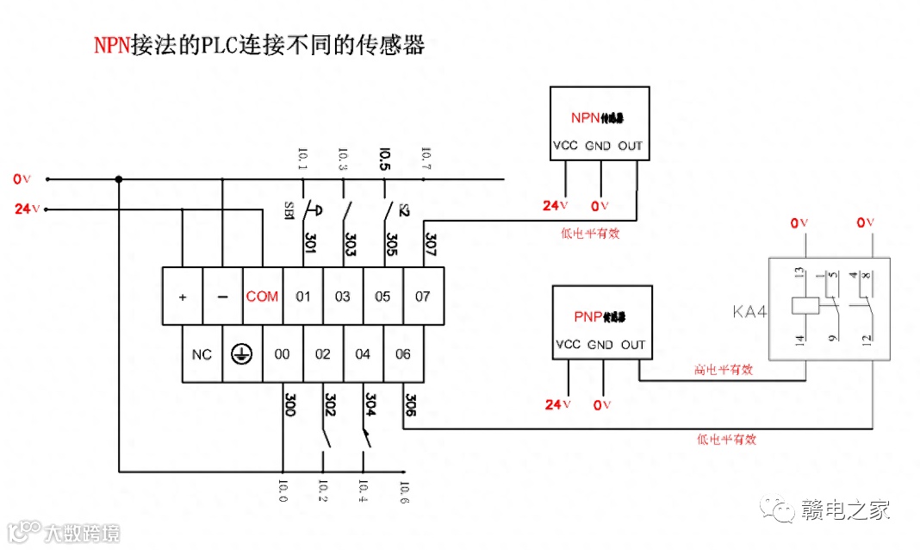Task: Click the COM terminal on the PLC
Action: pos(263,297)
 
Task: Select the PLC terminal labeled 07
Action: pos(422,297)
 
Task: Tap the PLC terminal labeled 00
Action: pos(283,354)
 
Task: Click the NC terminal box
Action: pos(202,354)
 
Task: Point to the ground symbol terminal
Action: pos(242,354)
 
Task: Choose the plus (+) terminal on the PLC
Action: pos(183,297)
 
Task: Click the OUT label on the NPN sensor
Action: pos(631,146)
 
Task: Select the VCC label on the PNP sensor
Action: pos(569,345)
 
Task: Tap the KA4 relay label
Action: pos(749,311)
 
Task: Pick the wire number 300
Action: pos(289,405)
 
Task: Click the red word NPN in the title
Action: pos(111,46)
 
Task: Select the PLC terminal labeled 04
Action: pos(363,354)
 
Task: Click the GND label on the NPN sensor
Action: pos(599,146)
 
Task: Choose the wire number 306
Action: pos(410,405)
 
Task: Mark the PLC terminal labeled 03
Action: pos(343,297)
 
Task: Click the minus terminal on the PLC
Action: pos(222,297)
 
